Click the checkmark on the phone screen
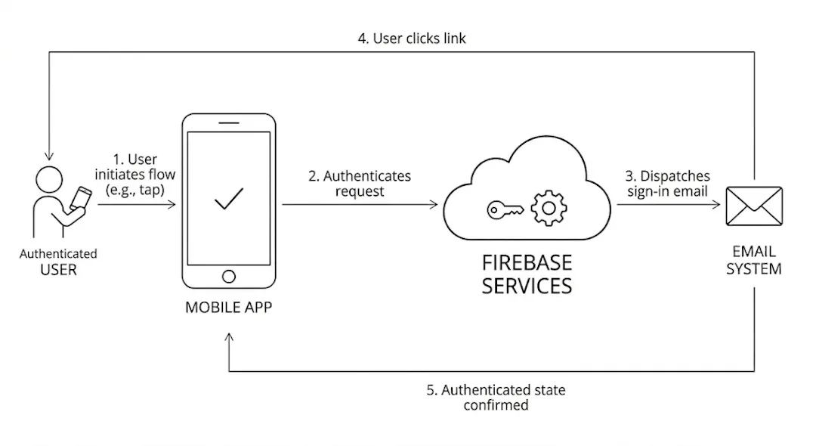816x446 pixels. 228,199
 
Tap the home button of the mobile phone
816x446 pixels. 228,277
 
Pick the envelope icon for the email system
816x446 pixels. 753,206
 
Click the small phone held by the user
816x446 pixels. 79,198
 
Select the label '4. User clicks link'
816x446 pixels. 412,38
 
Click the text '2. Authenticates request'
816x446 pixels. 360,184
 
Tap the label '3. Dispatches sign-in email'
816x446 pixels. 667,184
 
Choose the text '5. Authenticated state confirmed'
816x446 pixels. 496,398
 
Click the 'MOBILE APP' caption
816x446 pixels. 228,308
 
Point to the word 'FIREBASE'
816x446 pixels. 527,263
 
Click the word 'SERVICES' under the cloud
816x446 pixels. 527,286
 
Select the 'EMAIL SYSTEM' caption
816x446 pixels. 753,260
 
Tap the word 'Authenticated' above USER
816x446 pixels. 58,254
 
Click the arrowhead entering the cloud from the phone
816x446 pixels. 434,204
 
